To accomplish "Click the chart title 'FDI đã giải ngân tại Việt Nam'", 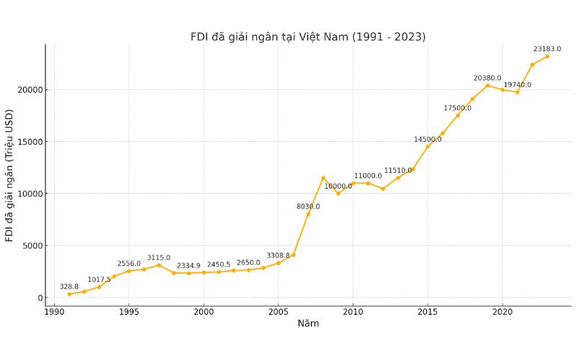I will (307, 37).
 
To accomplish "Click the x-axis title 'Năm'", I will (308, 323).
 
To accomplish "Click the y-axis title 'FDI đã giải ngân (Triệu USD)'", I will (10, 175).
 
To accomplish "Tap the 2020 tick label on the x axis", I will (503, 312).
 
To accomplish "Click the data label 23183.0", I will (547, 49).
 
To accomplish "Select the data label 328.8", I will (69, 287).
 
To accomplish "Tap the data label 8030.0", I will (308, 207).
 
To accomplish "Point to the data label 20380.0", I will (487, 78).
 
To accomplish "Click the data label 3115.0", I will (159, 258).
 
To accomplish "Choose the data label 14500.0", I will (428, 140).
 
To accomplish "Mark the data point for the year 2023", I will (547, 56).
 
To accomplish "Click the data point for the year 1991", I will (69, 294).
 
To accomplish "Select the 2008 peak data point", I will (323, 178).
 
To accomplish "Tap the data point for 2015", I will (428, 147).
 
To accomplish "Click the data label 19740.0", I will (517, 85).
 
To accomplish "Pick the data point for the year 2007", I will (308, 214).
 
